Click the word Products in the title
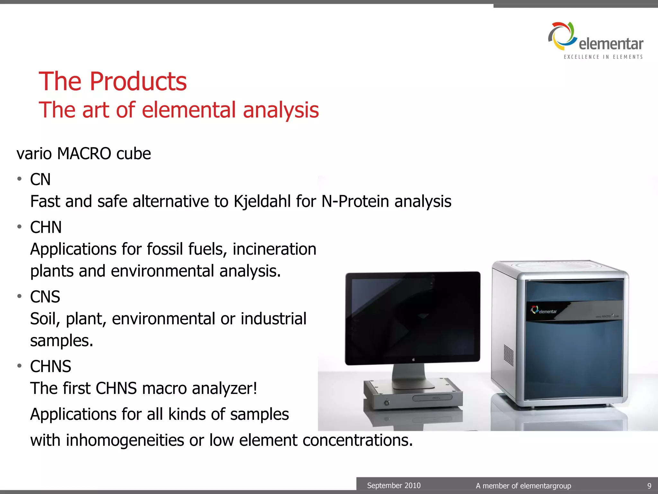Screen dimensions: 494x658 (138, 81)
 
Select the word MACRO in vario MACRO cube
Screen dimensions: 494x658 (84, 153)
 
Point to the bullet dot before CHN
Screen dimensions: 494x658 (20, 227)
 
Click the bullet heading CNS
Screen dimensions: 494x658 (45, 297)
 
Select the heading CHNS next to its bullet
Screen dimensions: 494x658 (50, 366)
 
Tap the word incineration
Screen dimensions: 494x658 (274, 249)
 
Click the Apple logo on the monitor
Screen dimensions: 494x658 (414, 360)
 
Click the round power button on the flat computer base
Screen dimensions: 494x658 (387, 402)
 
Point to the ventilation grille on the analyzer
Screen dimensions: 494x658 (508, 355)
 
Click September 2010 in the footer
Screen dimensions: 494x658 (394, 485)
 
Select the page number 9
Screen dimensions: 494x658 (649, 486)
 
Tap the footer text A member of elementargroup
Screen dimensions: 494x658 (523, 486)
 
